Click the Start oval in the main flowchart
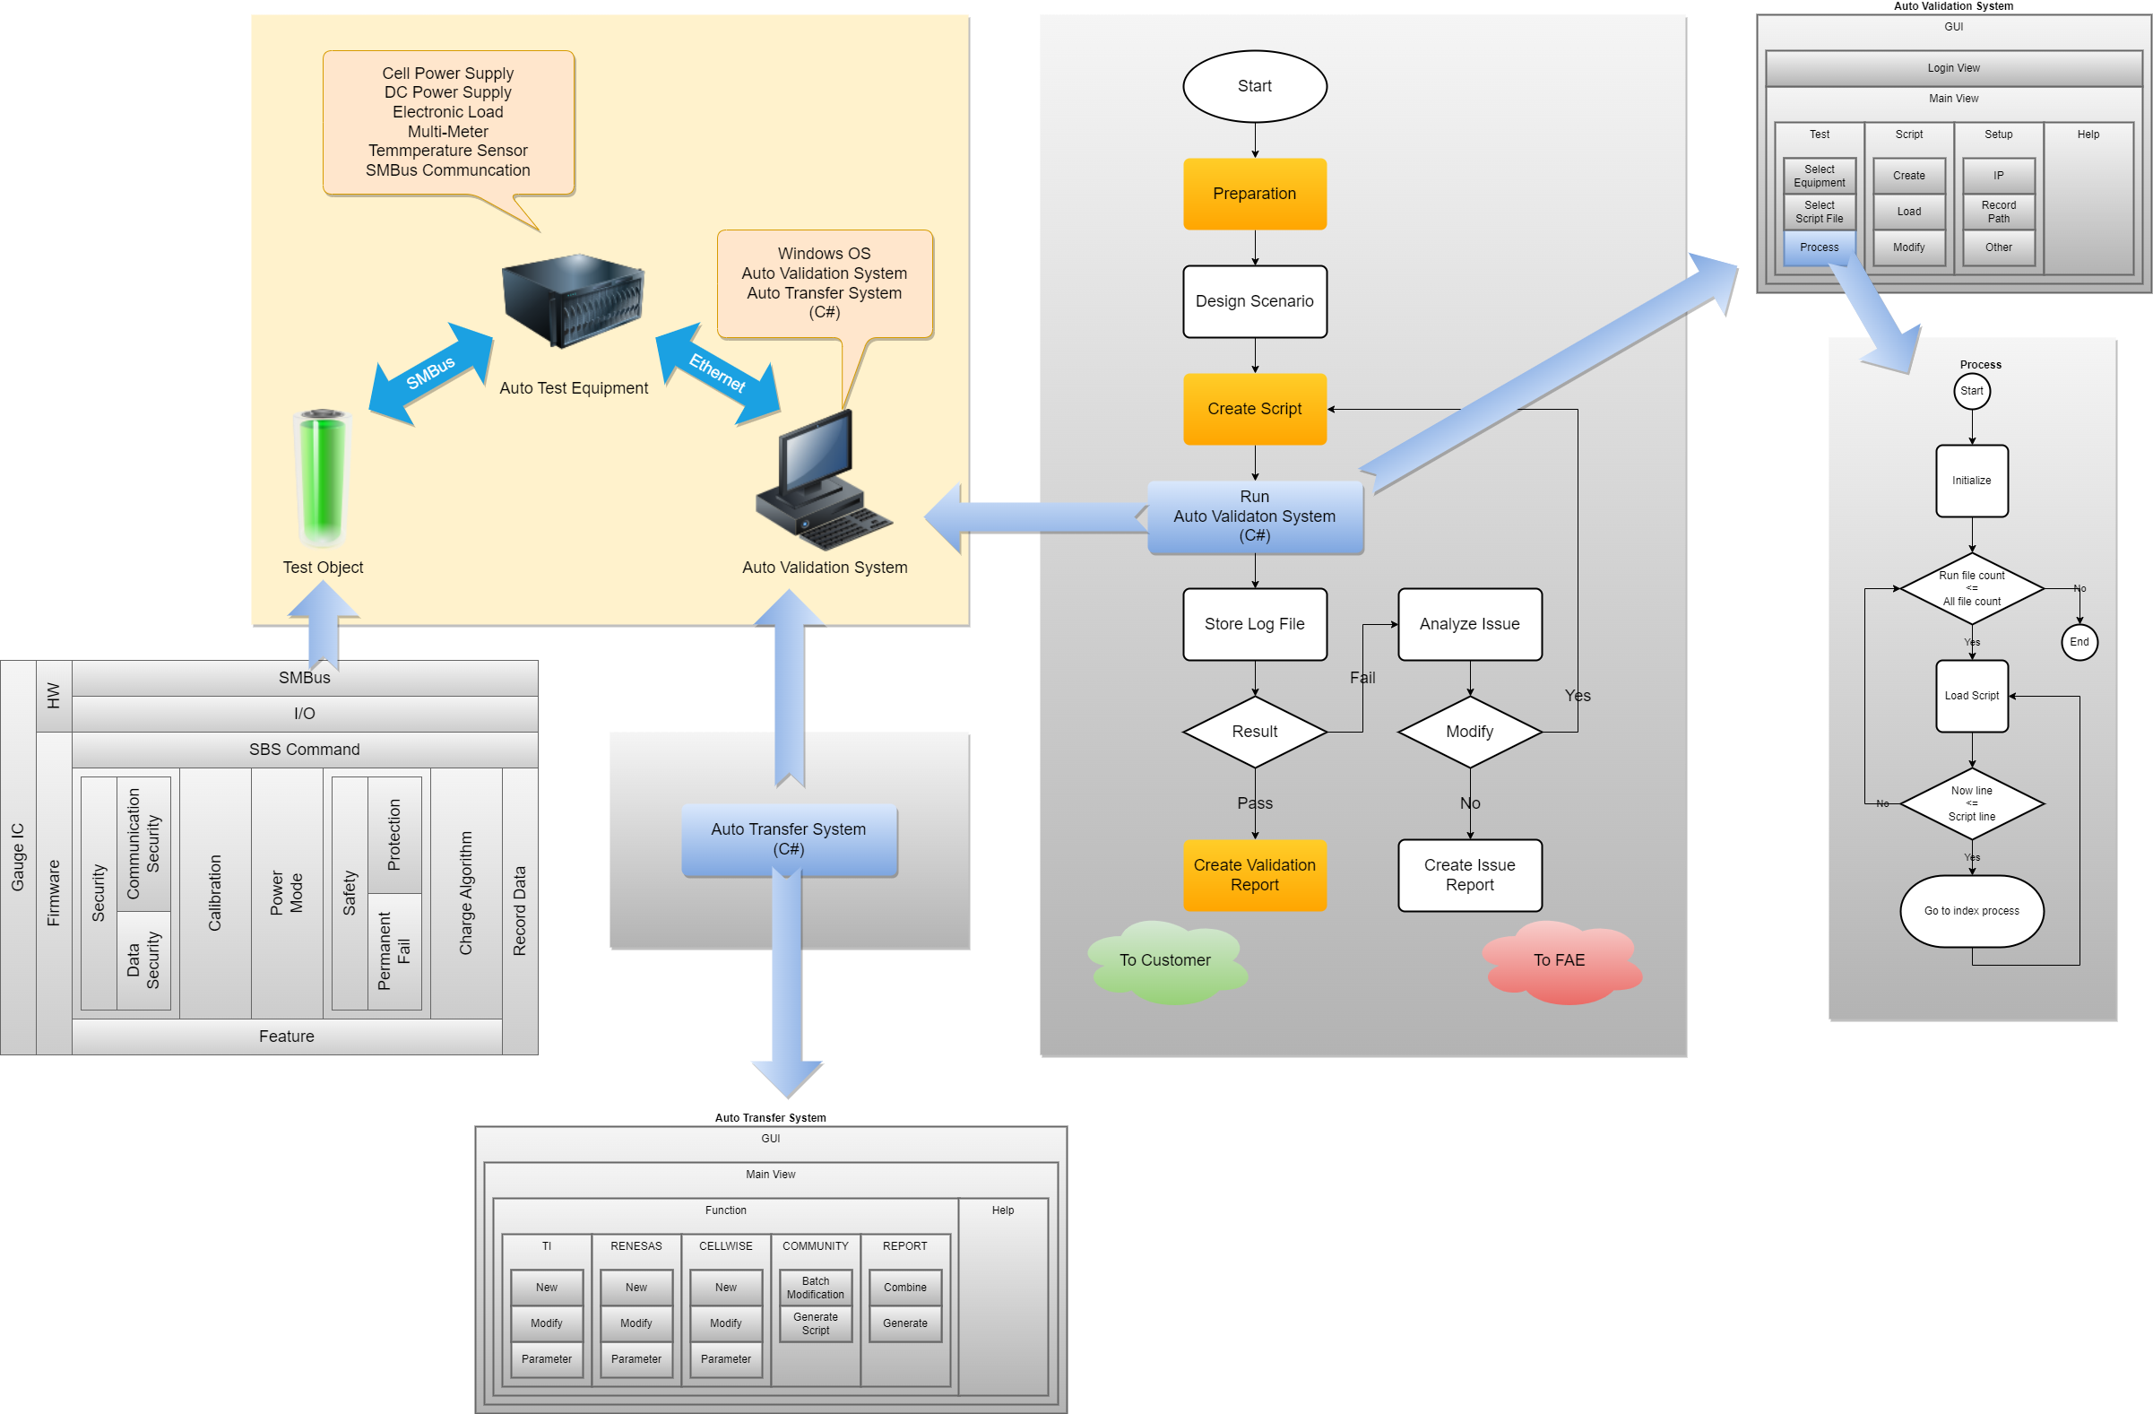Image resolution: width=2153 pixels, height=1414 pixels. click(x=1255, y=86)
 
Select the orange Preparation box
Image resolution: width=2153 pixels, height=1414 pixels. click(x=1255, y=194)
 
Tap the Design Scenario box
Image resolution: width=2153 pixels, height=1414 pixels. click(x=1255, y=301)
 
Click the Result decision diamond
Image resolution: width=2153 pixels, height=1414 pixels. click(x=1255, y=731)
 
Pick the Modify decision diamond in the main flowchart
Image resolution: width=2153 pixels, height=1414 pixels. click(x=1469, y=731)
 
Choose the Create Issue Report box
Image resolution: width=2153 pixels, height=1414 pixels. click(x=1469, y=875)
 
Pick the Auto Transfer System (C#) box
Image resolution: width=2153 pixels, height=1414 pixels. click(x=789, y=839)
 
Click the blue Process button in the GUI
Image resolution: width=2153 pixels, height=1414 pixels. click(x=1819, y=247)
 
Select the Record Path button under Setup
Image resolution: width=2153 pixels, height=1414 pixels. click(x=1998, y=212)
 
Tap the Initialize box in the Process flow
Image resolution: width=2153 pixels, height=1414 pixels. click(x=1971, y=481)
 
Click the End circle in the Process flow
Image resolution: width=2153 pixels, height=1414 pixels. click(x=2079, y=642)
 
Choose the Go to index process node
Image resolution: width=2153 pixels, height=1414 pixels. click(x=1971, y=911)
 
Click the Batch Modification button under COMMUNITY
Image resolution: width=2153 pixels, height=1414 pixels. click(x=815, y=1288)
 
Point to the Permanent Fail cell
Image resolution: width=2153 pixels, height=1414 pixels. click(x=394, y=950)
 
